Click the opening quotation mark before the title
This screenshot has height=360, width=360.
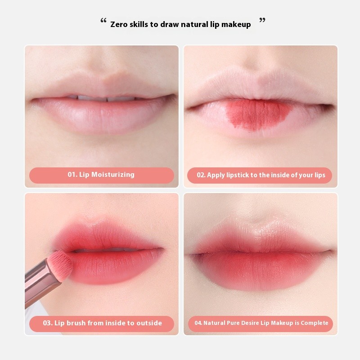coord(103,21)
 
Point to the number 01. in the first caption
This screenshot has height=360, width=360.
coord(73,175)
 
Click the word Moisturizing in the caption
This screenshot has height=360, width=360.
coord(113,175)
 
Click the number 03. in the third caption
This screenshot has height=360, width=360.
coord(48,323)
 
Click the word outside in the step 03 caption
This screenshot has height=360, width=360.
coord(147,323)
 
